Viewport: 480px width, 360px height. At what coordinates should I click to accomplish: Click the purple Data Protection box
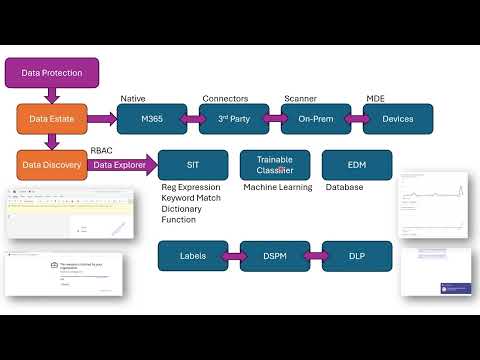pyautogui.click(x=52, y=72)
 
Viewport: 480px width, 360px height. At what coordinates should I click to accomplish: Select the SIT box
pyautogui.click(x=193, y=164)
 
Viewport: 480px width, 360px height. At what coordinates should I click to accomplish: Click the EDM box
pyautogui.click(x=357, y=164)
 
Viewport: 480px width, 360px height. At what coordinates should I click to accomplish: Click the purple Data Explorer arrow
pyautogui.click(x=119, y=164)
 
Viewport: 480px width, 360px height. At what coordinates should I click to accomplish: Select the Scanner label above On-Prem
pyautogui.click(x=300, y=99)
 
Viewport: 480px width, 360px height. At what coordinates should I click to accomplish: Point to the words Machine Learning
pyautogui.click(x=278, y=187)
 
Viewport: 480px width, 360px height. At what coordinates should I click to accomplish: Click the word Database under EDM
pyautogui.click(x=344, y=187)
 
